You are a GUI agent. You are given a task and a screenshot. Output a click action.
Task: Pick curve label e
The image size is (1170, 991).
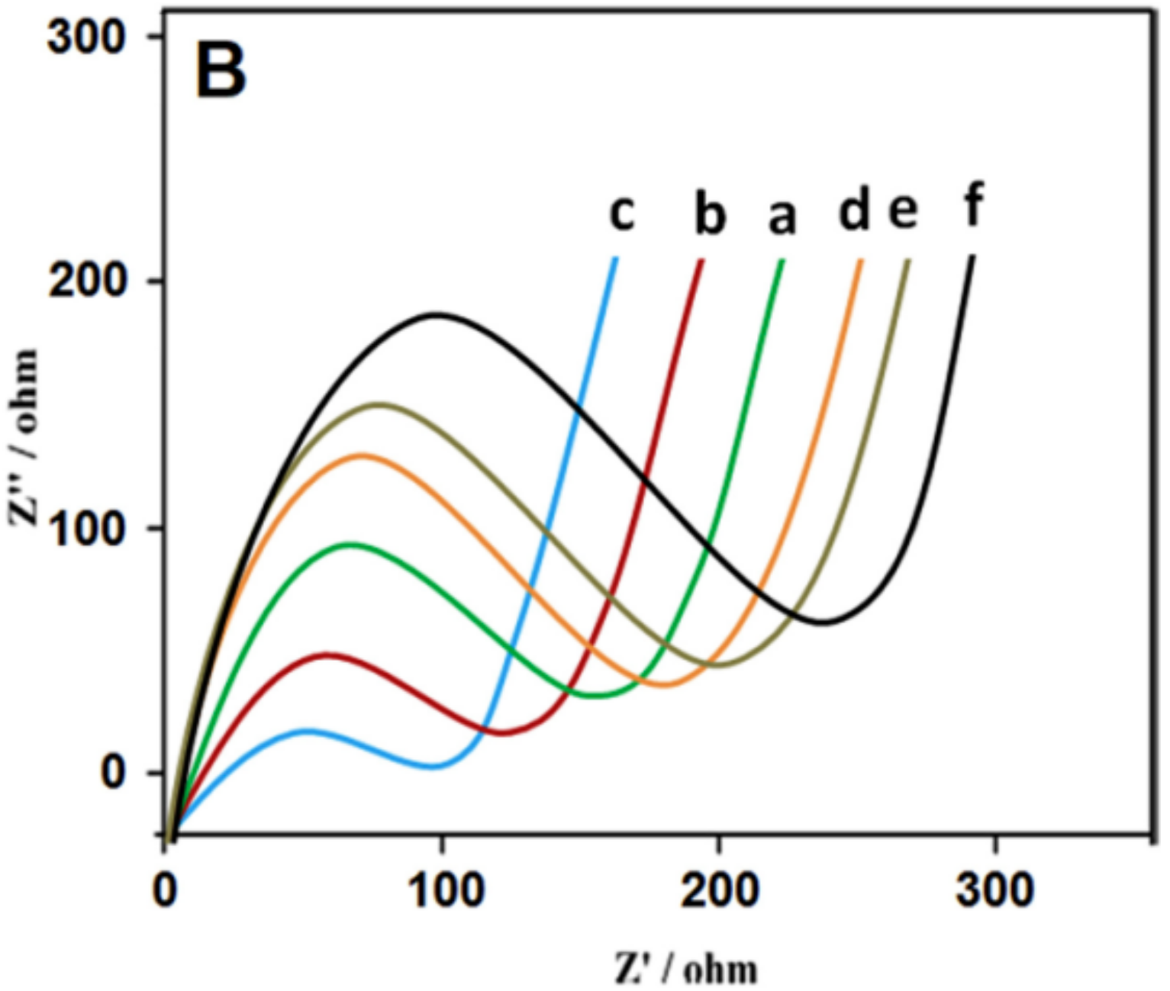click(x=903, y=210)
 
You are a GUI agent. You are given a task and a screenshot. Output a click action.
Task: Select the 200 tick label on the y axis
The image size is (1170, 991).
click(x=85, y=282)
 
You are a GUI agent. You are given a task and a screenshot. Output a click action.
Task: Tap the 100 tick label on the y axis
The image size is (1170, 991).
click(x=85, y=529)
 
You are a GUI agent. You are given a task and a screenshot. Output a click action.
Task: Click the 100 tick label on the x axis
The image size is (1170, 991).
click(x=443, y=891)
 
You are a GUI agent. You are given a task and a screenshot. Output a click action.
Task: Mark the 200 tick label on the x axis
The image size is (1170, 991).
click(x=719, y=891)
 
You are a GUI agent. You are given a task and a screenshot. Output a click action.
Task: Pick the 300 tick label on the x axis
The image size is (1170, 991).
click(x=994, y=891)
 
